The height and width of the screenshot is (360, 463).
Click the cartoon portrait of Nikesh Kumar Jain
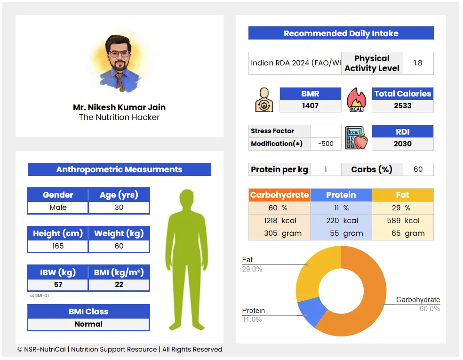tap(120, 64)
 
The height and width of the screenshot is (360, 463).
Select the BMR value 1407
tap(310, 106)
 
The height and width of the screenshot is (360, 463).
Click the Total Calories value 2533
tap(402, 106)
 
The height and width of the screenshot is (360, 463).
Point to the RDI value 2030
tap(402, 144)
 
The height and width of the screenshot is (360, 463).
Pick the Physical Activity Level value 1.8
tap(418, 63)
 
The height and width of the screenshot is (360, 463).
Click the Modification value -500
tap(326, 144)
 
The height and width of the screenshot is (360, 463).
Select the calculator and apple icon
tap(356, 138)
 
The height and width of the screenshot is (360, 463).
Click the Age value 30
tap(119, 208)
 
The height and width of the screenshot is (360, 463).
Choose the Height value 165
tap(58, 246)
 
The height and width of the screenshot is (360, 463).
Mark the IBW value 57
tap(58, 285)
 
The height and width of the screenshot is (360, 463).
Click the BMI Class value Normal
tap(88, 324)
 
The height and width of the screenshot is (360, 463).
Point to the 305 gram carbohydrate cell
tap(279, 233)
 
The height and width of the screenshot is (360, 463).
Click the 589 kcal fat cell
tap(402, 221)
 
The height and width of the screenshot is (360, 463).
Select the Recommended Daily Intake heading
tap(341, 33)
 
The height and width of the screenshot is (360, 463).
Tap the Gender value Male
tap(58, 208)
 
